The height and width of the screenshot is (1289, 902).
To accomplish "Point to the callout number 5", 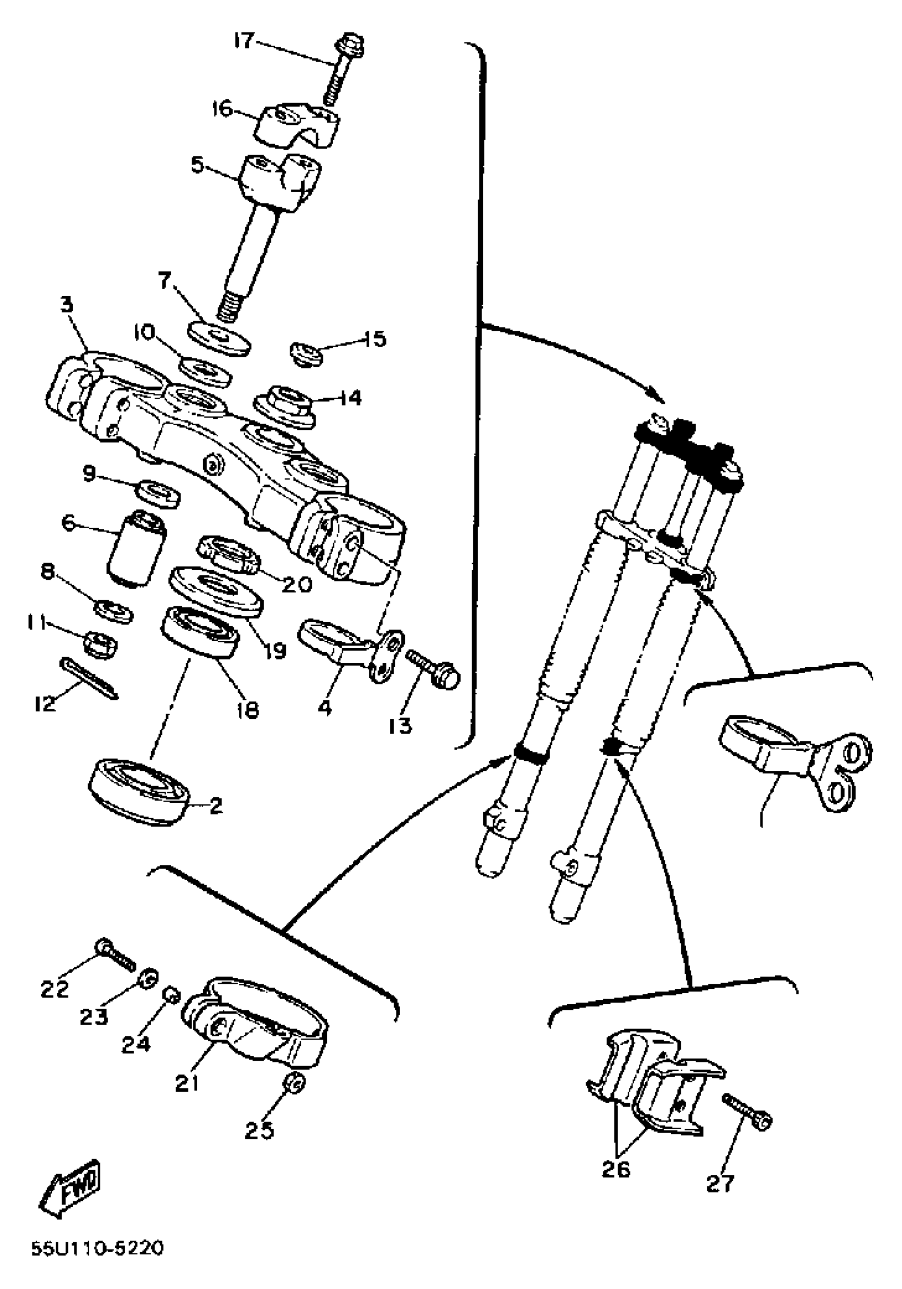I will click(x=197, y=166).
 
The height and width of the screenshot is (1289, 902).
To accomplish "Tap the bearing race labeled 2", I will click(x=140, y=791).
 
